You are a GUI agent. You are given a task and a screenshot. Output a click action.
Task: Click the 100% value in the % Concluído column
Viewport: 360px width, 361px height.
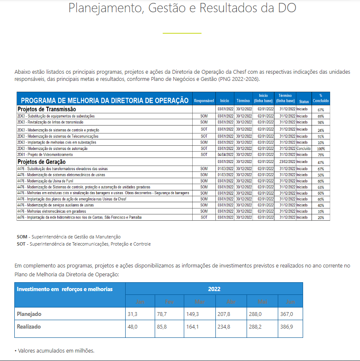(x=321, y=149)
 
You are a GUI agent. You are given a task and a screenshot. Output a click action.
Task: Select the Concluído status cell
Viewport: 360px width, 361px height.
(x=303, y=148)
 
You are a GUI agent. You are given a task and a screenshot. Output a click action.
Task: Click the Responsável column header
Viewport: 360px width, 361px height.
(x=204, y=101)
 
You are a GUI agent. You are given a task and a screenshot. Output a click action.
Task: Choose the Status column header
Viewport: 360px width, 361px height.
(x=304, y=102)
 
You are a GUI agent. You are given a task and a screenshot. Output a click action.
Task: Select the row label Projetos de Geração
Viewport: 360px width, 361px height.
(x=41, y=162)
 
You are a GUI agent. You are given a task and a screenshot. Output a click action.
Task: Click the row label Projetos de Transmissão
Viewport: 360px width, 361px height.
(x=46, y=109)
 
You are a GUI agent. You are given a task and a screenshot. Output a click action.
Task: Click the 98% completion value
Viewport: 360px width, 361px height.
(x=321, y=122)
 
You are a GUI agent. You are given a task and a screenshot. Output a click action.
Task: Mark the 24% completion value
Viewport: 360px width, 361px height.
(x=321, y=130)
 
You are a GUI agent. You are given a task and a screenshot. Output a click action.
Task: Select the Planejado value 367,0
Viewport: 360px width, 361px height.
(x=287, y=314)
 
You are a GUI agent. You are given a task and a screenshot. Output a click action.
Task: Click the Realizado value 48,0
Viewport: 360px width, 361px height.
(x=133, y=326)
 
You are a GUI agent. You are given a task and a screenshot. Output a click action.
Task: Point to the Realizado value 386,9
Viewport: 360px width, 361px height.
(x=287, y=326)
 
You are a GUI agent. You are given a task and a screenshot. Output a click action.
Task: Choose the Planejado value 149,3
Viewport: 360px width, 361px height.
(x=192, y=314)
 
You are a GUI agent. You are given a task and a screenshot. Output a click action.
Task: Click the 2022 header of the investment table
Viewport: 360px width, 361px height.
(x=214, y=289)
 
